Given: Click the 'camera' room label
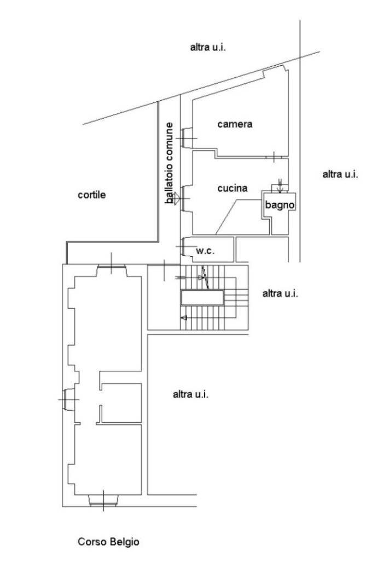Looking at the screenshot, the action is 235,124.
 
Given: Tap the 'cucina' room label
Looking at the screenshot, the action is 233,188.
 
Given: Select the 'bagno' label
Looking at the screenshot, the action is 280,205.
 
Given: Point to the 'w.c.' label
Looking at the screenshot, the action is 205,251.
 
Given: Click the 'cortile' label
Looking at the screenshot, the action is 91,195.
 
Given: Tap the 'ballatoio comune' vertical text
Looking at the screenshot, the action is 169,163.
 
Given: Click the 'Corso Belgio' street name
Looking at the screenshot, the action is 108,542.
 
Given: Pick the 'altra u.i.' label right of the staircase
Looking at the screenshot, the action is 280,294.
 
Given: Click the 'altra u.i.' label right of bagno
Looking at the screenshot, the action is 340,174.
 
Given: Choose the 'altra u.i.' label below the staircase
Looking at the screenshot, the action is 190,395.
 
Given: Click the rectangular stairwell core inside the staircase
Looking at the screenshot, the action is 202,297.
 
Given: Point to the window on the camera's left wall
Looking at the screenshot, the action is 187,138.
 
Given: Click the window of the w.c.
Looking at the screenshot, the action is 187,246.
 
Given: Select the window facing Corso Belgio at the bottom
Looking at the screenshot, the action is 103,500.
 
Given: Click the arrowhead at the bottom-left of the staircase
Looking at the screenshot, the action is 184,318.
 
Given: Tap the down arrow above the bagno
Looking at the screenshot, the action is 280,186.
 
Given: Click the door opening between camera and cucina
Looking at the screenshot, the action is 274,157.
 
